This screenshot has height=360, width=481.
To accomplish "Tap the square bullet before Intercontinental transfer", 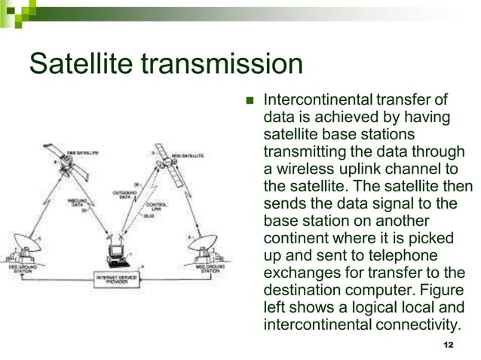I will [252, 101].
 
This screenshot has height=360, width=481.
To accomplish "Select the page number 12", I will [449, 344].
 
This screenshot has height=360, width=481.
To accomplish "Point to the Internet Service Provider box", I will [116, 279].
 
